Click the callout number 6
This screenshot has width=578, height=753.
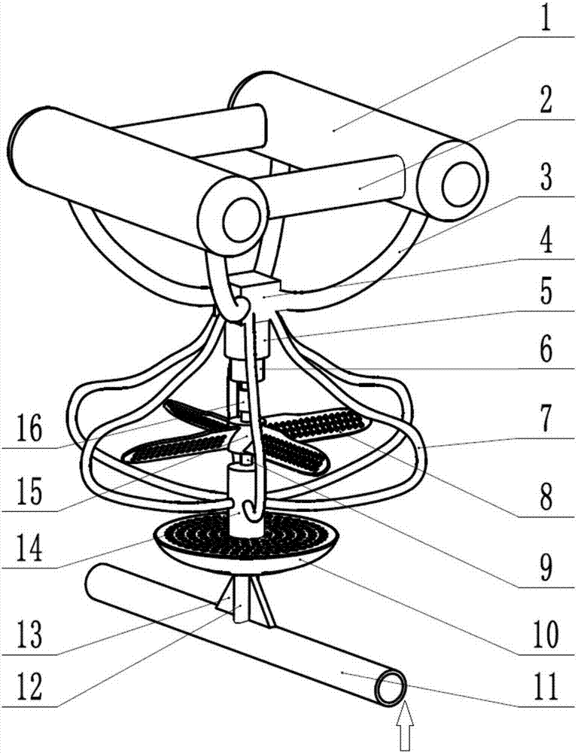coord(546,352)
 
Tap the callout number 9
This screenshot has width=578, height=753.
coord(546,568)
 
